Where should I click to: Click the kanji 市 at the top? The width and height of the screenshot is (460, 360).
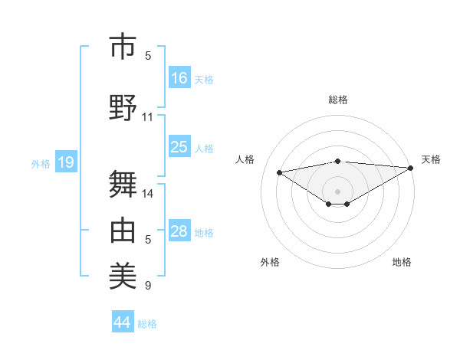[x=123, y=47]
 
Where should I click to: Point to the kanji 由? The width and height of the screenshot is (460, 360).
[x=123, y=229]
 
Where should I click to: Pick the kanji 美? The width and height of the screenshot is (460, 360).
[x=123, y=275]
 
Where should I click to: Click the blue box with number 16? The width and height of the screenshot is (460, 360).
[x=179, y=78]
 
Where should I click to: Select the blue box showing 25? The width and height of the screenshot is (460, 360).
[x=179, y=147]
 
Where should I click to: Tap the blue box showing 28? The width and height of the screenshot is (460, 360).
[x=179, y=231]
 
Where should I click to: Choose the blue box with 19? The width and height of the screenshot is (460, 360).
[x=65, y=162]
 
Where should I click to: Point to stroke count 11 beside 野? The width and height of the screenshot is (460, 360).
[x=148, y=117]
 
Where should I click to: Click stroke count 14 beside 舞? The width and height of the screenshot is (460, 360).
[x=148, y=193]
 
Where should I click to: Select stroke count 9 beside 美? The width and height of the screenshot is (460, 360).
[x=148, y=286]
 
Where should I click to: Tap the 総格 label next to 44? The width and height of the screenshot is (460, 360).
[x=147, y=324]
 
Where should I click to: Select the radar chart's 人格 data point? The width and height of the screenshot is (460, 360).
[x=280, y=172]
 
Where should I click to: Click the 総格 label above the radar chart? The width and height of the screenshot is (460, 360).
[x=337, y=100]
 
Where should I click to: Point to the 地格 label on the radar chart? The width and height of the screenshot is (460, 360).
[x=402, y=262]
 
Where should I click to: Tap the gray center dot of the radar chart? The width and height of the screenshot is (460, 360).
[x=337, y=191]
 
